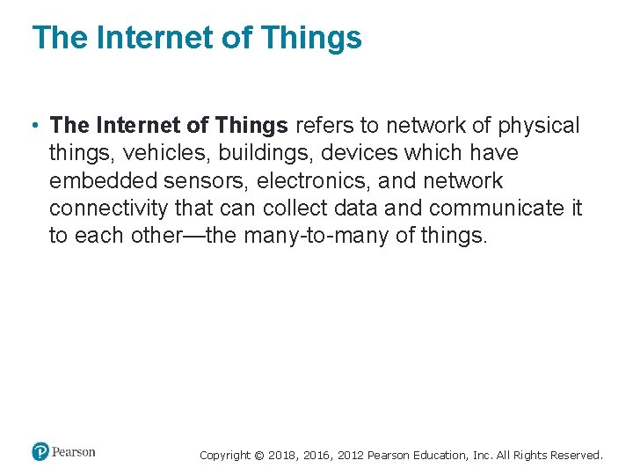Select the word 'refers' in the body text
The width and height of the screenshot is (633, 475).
322,126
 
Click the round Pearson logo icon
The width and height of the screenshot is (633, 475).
40,452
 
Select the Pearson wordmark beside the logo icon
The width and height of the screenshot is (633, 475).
74,452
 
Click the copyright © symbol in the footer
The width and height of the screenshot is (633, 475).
258,456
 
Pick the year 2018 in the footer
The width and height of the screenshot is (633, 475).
283,456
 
